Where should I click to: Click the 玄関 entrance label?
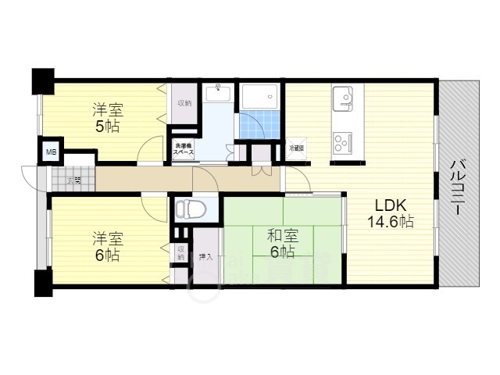(73, 180)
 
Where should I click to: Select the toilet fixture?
(189, 209)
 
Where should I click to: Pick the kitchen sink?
(344, 99)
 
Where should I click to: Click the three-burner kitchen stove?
(344, 142)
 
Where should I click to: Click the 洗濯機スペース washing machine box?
(184, 150)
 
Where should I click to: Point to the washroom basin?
(217, 95)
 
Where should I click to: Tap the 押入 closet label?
(205, 255)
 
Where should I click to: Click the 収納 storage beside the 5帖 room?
(184, 102)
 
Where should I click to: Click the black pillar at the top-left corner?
(41, 80)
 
